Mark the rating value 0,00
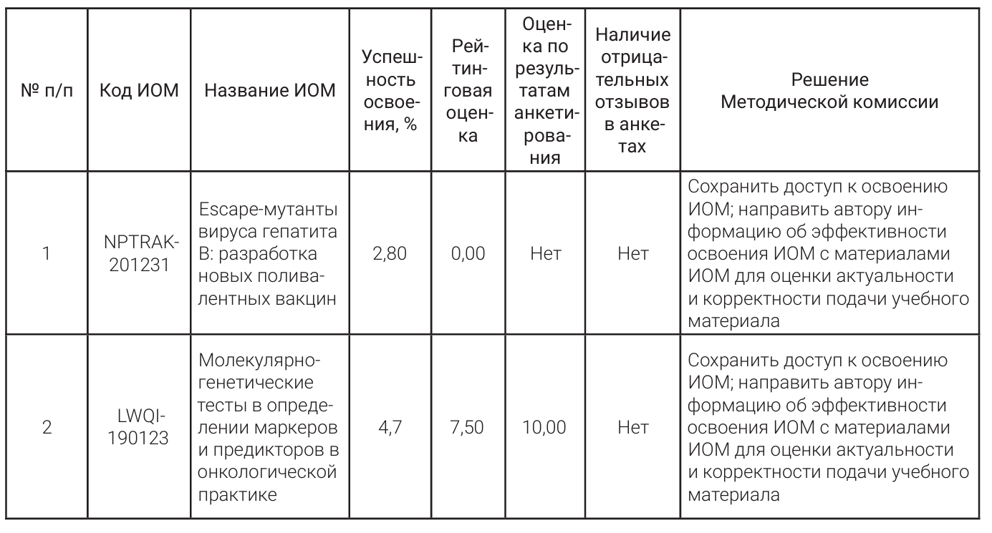(x=472, y=253)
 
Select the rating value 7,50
(x=472, y=428)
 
